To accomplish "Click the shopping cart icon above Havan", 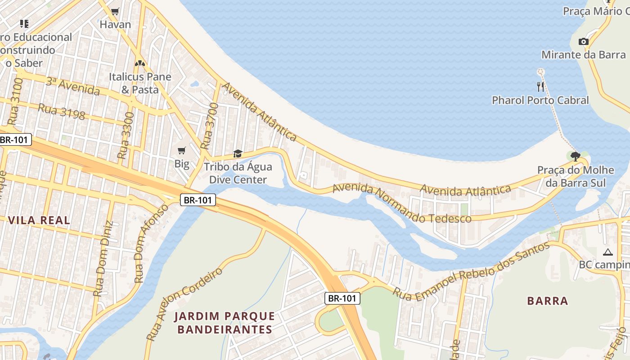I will (115, 11).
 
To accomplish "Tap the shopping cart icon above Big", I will (181, 150).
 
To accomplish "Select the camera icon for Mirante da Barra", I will (583, 41).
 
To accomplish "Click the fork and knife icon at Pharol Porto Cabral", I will (540, 86).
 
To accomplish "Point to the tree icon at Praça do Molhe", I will (575, 157).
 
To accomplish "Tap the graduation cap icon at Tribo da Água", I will (238, 154).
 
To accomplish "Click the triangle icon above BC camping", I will (608, 252).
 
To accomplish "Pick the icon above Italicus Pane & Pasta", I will (139, 63).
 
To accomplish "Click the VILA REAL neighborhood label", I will (39, 220).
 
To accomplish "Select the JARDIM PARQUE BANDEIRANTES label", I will (225, 323).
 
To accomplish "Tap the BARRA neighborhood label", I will (547, 301).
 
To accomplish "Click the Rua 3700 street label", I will (209, 126).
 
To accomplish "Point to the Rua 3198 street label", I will (62, 112).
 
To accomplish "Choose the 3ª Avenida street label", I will (72, 86).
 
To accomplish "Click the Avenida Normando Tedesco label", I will (401, 203).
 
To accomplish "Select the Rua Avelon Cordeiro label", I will (184, 304).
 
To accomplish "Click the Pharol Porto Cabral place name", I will (540, 100).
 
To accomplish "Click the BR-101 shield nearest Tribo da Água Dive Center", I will (198, 200).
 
